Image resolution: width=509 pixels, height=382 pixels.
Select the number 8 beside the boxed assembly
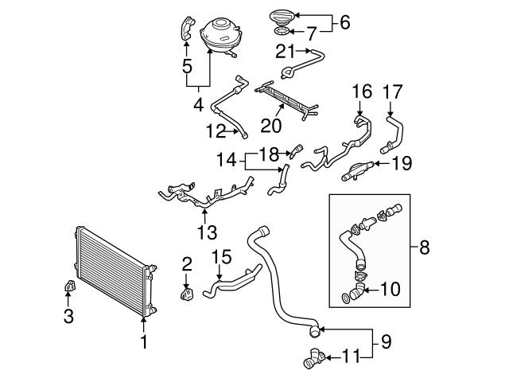click(424, 248)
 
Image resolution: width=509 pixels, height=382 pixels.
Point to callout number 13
click(207, 232)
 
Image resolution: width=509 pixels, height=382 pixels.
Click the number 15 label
click(222, 257)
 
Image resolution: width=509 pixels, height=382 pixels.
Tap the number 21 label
click(286, 53)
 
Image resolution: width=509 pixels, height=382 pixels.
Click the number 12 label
click(216, 129)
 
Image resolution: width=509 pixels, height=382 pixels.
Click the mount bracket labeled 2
click(188, 294)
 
